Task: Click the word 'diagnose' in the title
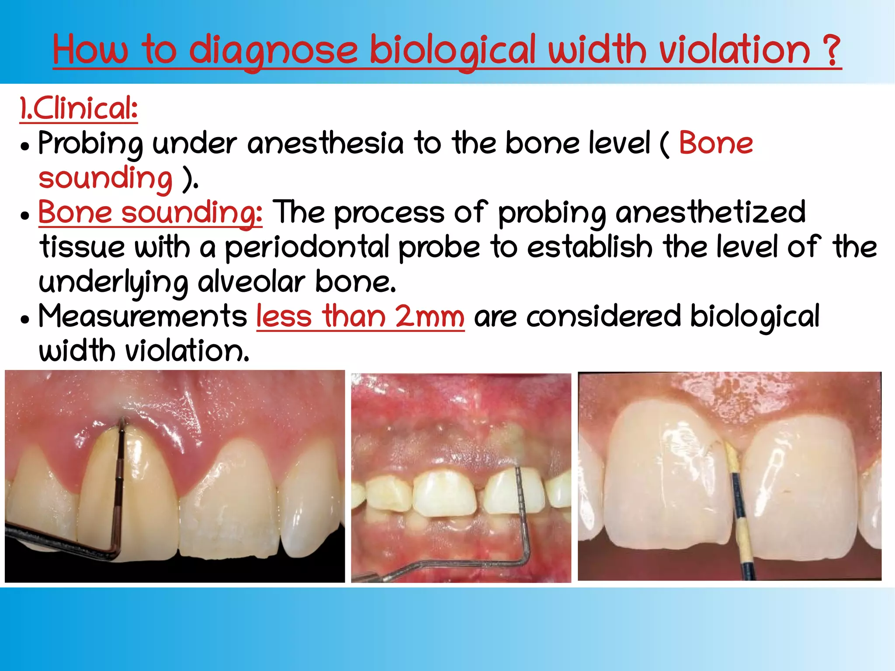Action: pos(273,52)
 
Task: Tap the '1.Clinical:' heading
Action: pos(79,109)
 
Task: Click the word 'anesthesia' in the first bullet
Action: pos(326,144)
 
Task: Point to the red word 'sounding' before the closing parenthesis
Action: pos(105,179)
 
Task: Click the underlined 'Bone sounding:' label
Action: pos(150,213)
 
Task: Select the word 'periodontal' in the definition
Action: pos(307,248)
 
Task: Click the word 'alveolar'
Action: pos(251,283)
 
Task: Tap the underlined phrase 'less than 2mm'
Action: pos(360,317)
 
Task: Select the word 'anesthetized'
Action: pos(710,213)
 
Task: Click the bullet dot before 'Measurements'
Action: pos(25,320)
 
